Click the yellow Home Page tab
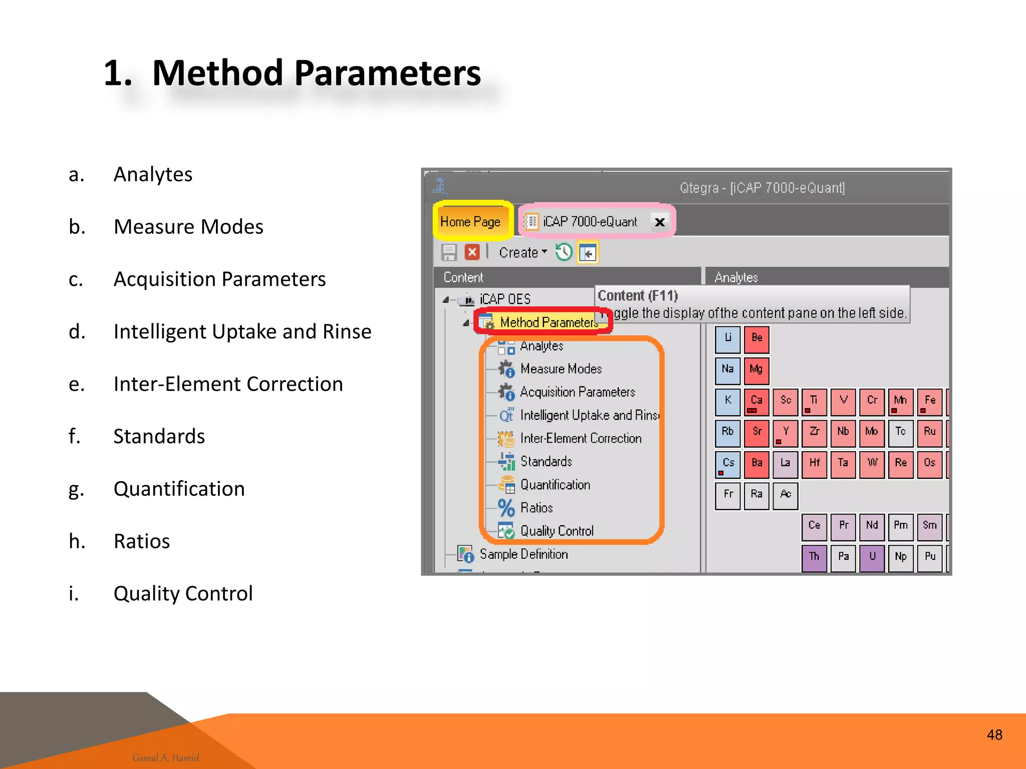(x=470, y=221)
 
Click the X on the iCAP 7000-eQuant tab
(x=660, y=222)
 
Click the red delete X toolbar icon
(x=471, y=252)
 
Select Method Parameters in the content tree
(x=548, y=322)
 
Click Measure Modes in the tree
(x=561, y=369)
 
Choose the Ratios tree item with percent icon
(x=536, y=508)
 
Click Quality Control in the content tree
(x=557, y=531)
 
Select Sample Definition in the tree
(x=524, y=554)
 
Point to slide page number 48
(x=994, y=734)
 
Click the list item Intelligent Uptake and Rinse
(x=242, y=331)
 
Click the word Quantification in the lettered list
(x=179, y=489)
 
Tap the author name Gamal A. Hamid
(x=165, y=757)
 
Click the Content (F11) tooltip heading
(x=638, y=296)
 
